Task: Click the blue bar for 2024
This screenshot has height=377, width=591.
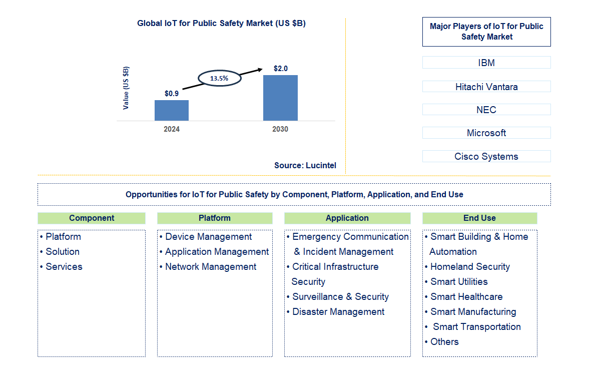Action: tap(172, 110)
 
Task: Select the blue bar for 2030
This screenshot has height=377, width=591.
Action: tap(280, 98)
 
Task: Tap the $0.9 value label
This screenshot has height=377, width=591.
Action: tap(172, 93)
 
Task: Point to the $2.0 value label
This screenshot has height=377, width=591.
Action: tap(280, 68)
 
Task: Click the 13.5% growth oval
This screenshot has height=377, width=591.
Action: tap(220, 79)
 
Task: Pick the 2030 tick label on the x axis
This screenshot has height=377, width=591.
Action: tap(280, 129)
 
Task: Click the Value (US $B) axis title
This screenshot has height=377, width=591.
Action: tap(126, 88)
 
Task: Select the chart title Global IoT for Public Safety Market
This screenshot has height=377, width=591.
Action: tap(221, 24)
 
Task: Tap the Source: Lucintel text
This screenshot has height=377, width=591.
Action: tap(305, 165)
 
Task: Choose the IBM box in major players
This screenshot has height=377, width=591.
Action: tap(486, 63)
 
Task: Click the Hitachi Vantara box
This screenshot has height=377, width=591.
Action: tap(486, 87)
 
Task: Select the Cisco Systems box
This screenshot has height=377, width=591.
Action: tap(486, 156)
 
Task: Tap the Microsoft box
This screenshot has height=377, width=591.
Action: tap(486, 133)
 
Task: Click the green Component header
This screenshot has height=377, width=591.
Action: tap(92, 218)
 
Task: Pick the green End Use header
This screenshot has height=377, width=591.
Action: tap(479, 218)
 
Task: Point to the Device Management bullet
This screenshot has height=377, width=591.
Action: tap(208, 237)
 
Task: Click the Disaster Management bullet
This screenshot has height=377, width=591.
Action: tap(338, 312)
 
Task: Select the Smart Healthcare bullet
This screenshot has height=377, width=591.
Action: tap(466, 297)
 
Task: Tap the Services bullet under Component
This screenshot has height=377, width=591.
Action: tap(64, 267)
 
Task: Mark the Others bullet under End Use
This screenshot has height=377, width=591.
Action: tap(444, 342)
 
